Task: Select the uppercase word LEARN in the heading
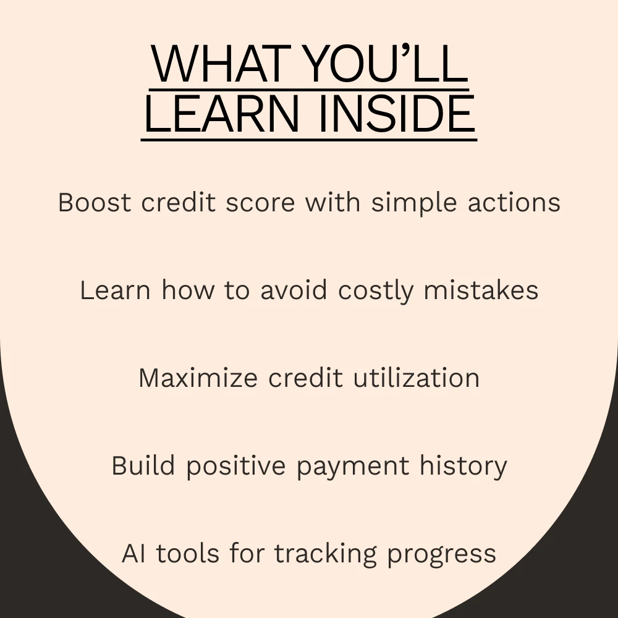222,114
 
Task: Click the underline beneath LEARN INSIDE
309,140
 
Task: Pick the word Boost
95,203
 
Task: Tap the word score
260,203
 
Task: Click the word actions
514,203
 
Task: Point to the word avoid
294,290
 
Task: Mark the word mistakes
481,290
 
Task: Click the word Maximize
198,378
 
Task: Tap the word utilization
416,378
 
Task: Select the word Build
143,465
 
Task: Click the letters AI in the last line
133,553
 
